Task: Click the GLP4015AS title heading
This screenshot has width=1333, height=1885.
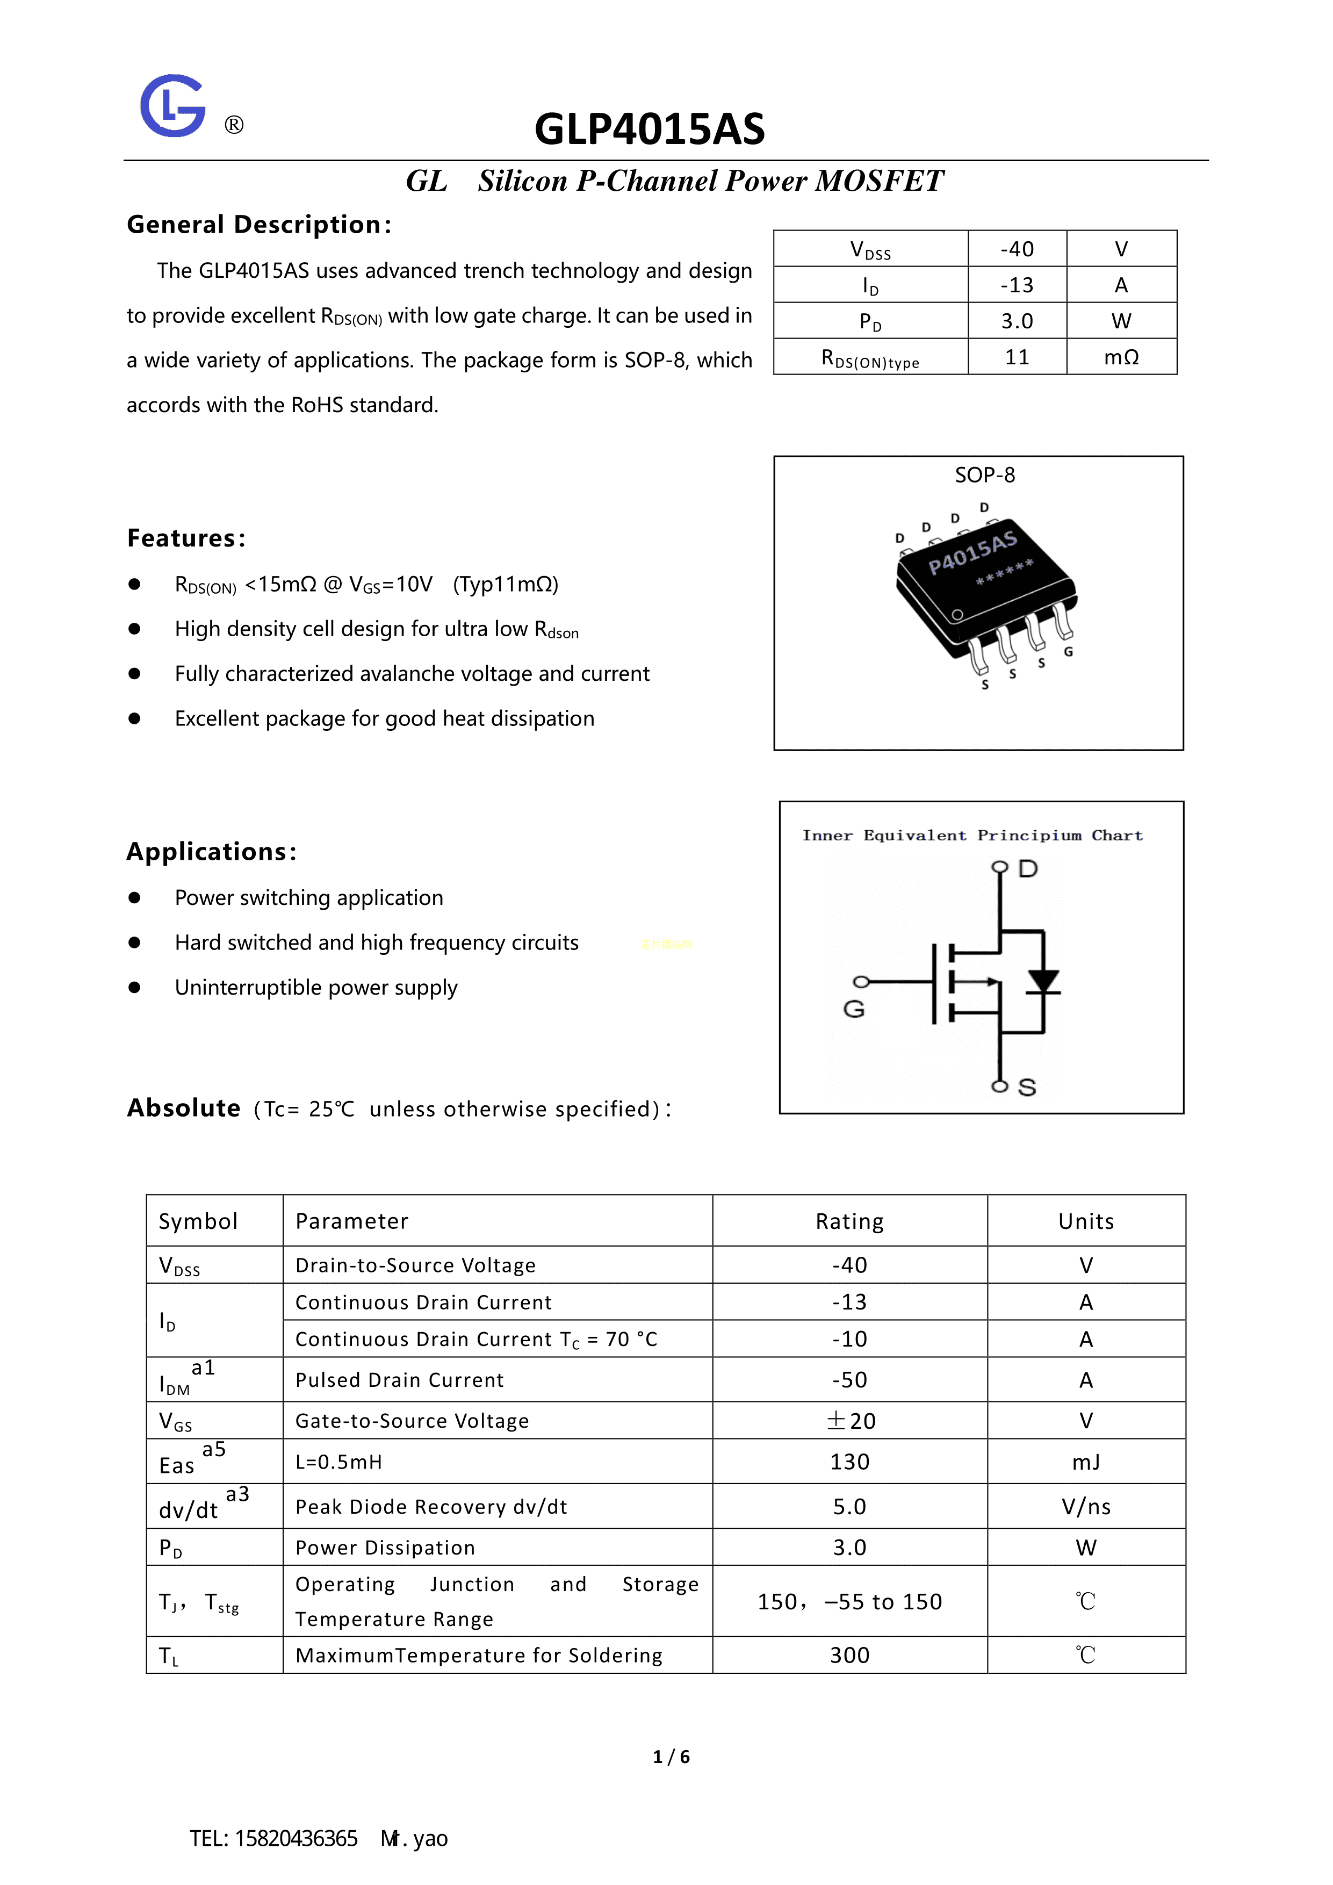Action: point(649,129)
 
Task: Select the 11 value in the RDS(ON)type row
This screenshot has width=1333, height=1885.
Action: point(1017,357)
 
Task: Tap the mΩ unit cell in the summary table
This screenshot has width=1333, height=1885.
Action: point(1121,357)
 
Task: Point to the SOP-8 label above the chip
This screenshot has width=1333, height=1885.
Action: point(984,476)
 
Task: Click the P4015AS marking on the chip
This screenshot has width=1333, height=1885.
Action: point(972,552)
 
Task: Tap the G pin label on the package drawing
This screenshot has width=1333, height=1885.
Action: point(1069,652)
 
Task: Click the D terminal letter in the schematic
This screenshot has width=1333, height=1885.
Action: point(1028,868)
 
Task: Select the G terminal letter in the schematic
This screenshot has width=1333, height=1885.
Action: point(854,1009)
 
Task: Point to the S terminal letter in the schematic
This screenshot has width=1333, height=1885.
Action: point(1027,1088)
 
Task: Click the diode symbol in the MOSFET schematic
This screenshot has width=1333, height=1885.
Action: point(1043,982)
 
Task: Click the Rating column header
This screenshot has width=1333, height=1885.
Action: point(849,1221)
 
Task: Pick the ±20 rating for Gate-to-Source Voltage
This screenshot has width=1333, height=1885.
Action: point(851,1421)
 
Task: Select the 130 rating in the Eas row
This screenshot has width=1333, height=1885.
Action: point(849,1462)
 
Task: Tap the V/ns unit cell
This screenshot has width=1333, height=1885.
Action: point(1086,1507)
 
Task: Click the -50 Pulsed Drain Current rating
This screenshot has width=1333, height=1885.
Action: point(849,1380)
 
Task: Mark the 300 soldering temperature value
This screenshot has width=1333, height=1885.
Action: point(849,1655)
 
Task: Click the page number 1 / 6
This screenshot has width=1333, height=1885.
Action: point(672,1757)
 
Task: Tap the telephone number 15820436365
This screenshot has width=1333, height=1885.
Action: point(297,1838)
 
